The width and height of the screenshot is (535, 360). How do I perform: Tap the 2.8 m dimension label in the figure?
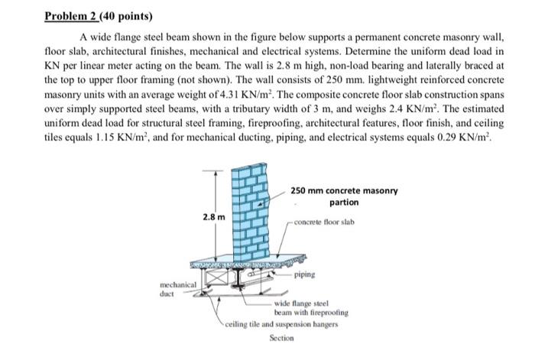pyautogui.click(x=215, y=216)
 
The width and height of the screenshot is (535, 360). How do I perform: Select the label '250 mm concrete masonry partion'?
pyautogui.click(x=343, y=196)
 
